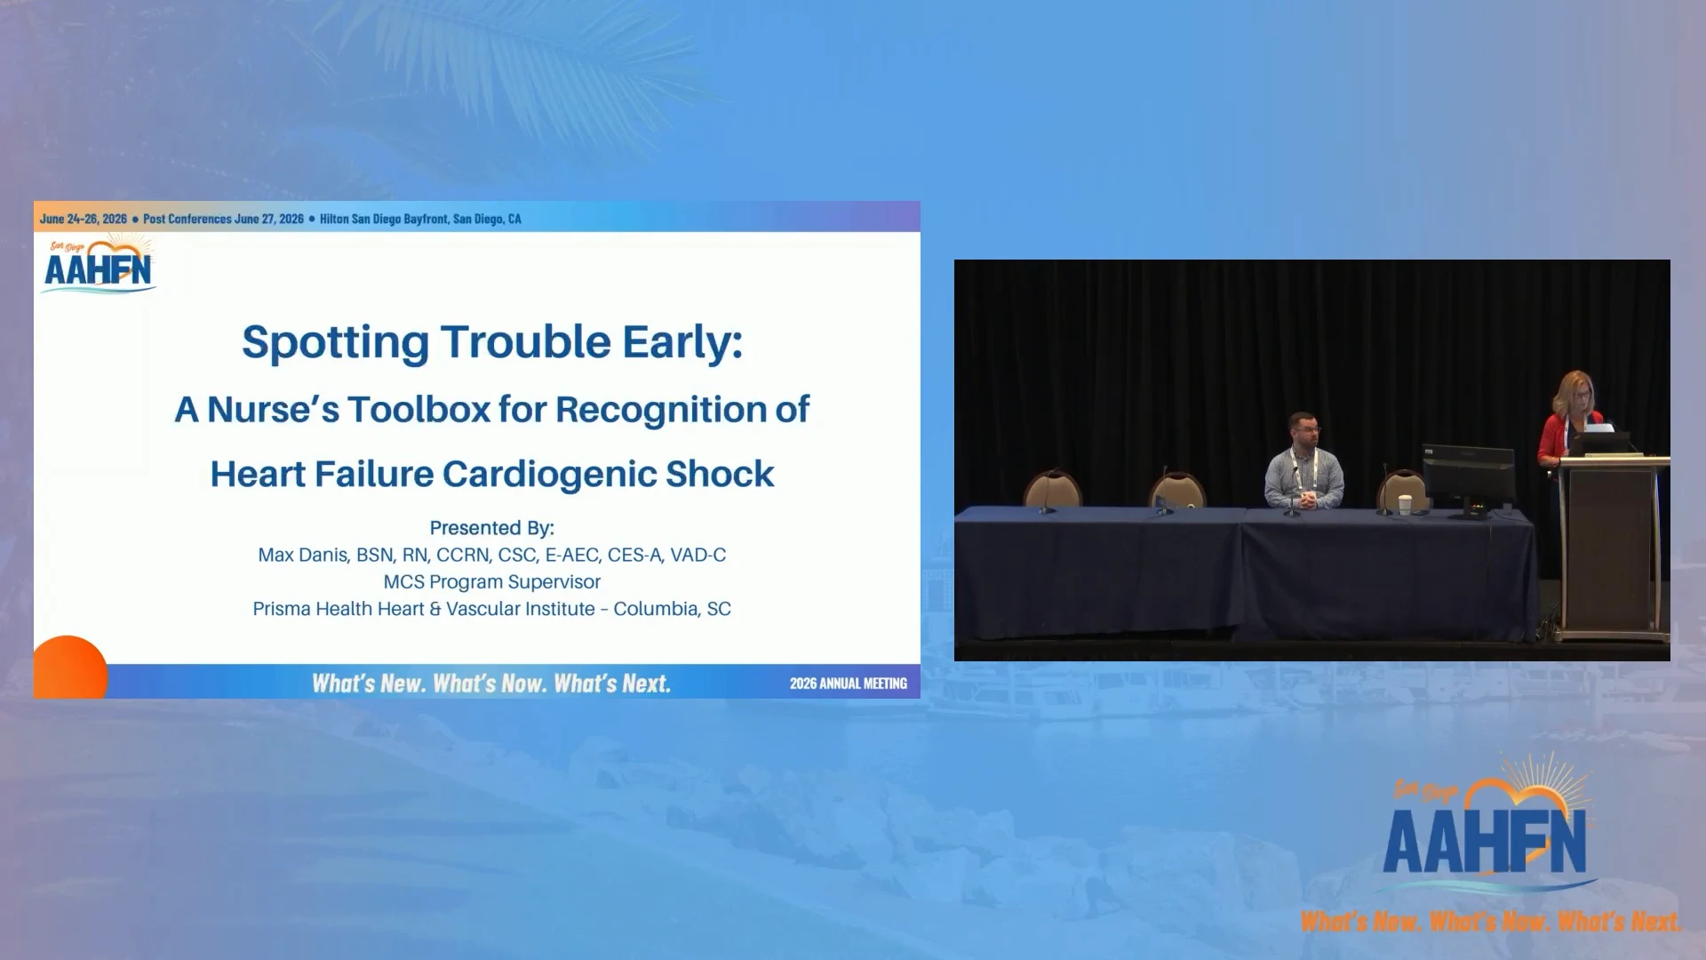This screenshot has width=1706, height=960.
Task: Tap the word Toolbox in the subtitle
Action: point(419,410)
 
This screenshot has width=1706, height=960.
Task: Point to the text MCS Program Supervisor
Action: point(492,582)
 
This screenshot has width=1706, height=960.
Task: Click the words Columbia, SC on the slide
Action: point(673,609)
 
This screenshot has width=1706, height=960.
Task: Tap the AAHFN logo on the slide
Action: point(99,264)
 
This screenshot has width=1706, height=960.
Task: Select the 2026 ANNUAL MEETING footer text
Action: point(849,684)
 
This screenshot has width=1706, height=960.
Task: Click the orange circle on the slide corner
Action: point(69,668)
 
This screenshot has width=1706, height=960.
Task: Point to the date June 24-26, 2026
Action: point(84,219)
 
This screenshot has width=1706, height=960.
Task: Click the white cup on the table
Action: point(1405,504)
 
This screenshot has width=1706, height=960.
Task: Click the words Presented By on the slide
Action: point(492,528)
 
